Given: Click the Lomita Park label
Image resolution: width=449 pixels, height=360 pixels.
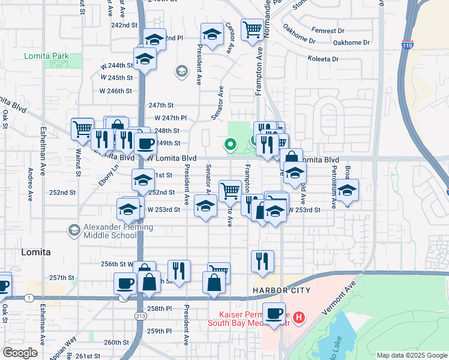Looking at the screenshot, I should click(46, 56).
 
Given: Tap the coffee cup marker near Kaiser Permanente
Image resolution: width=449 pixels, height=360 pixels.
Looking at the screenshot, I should click(274, 314).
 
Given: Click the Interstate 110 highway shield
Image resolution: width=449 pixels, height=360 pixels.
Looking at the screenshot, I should click(408, 44).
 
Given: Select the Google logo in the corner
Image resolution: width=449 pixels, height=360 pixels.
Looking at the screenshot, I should click(20, 353).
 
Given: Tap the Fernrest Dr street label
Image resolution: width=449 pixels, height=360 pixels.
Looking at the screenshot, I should click(328, 30).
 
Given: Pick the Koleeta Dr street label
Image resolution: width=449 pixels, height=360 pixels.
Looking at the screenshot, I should click(323, 59).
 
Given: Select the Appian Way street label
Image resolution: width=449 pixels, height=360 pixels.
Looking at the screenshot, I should click(62, 347).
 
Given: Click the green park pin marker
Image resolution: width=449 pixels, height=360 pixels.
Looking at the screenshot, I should click(229, 144).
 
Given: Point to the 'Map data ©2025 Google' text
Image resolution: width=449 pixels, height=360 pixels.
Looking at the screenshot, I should click(411, 355).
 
